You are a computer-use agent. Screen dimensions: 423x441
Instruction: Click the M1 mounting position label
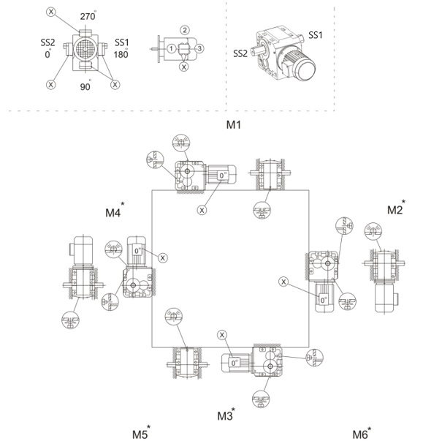click(233, 124)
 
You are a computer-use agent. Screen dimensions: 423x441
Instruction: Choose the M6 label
click(362, 432)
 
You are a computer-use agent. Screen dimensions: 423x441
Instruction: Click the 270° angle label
click(88, 15)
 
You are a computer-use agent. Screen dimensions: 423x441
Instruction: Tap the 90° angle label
click(85, 86)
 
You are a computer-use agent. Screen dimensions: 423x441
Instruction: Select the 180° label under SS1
click(121, 53)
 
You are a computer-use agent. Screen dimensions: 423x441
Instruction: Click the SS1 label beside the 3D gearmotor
click(316, 35)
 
